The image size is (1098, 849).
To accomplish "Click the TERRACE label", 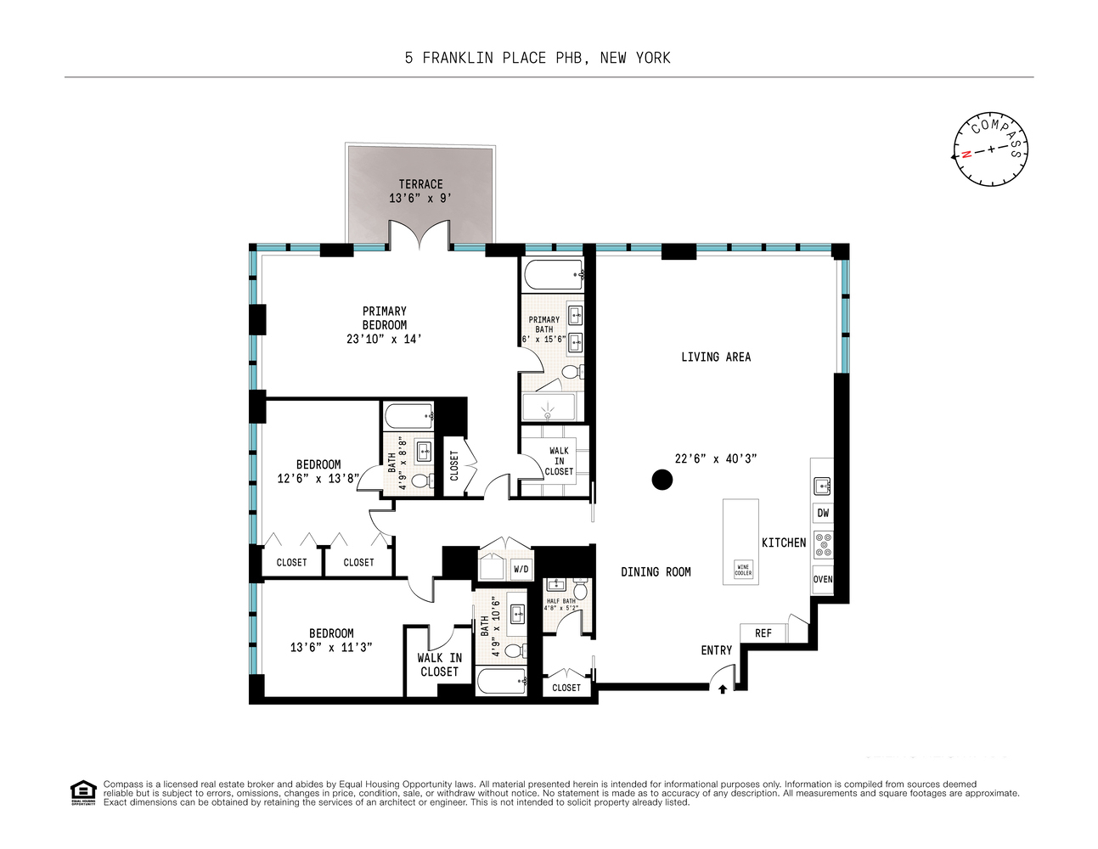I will [x=420, y=184].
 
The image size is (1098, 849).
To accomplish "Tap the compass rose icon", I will [x=989, y=149].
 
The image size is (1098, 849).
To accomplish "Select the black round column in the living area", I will [x=662, y=480].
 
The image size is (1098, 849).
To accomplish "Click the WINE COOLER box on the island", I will [x=743, y=570].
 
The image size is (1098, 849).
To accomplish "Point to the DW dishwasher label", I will [x=822, y=513].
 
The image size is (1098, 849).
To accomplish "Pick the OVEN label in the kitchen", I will [x=822, y=579].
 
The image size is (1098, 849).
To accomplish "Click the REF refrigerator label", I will [x=763, y=633].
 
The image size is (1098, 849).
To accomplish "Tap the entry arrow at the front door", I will [x=723, y=689].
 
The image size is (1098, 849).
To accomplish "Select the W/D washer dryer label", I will [x=521, y=569].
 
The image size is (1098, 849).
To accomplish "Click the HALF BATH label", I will [x=560, y=601].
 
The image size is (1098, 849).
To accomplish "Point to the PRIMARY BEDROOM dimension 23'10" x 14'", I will [x=384, y=339].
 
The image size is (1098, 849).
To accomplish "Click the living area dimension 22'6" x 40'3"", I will [x=715, y=458].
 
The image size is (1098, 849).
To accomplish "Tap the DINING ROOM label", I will [x=656, y=572].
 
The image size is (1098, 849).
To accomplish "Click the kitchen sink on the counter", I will [x=821, y=486].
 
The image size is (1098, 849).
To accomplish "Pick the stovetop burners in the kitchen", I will [x=822, y=544].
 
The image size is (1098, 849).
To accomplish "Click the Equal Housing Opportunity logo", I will [x=82, y=793].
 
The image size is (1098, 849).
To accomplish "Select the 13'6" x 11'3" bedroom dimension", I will [x=331, y=647].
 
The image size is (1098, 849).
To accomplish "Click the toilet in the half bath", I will [x=581, y=590].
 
